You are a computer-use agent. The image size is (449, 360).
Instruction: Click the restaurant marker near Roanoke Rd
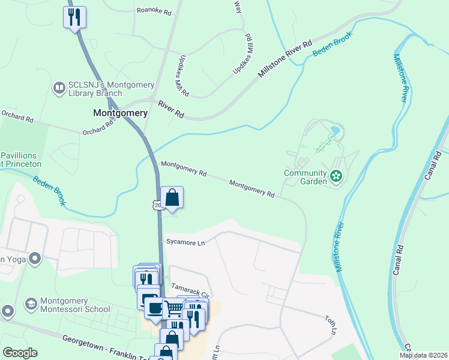point(74,17)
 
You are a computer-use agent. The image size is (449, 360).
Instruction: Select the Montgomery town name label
point(121,113)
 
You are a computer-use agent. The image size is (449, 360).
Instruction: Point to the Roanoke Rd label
point(154,10)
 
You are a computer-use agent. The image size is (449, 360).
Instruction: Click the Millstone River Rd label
point(286,59)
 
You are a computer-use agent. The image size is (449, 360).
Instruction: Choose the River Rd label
point(171,108)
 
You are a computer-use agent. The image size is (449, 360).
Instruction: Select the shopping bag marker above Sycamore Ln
point(172,197)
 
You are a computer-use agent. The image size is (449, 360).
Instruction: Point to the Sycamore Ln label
point(186,242)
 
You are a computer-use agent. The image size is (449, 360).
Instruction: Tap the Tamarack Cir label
point(189,288)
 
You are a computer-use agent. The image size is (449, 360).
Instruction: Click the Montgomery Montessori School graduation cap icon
point(30,305)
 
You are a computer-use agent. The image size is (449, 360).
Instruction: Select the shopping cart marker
point(173,309)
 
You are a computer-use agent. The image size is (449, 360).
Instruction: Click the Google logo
point(20,353)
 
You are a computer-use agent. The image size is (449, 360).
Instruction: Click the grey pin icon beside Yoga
point(34,259)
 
